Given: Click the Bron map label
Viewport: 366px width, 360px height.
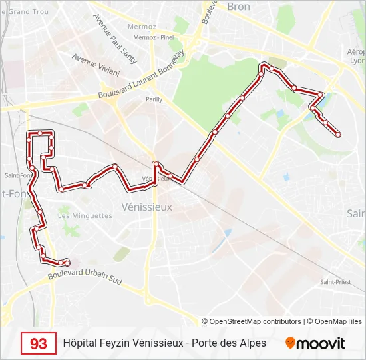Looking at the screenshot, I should pyautogui.click(x=238, y=6).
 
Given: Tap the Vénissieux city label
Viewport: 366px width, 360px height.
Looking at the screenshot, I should pyautogui.click(x=148, y=207).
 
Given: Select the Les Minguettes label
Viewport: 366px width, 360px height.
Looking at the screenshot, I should pyautogui.click(x=85, y=216).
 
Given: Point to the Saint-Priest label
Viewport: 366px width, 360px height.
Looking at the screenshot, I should pyautogui.click(x=335, y=282).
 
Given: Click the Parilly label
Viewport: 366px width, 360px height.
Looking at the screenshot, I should pyautogui.click(x=154, y=99).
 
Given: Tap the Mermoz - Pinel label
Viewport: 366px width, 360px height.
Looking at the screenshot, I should pyautogui.click(x=153, y=37).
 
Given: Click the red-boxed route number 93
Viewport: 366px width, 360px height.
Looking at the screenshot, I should pyautogui.click(x=39, y=343).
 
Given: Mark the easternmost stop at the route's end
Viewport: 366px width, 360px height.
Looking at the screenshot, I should pyautogui.click(x=338, y=135).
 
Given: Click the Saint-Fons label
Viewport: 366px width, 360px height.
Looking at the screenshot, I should pyautogui.click(x=17, y=176).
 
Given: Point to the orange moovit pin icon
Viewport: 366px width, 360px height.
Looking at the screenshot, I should pyautogui.click(x=290, y=343).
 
